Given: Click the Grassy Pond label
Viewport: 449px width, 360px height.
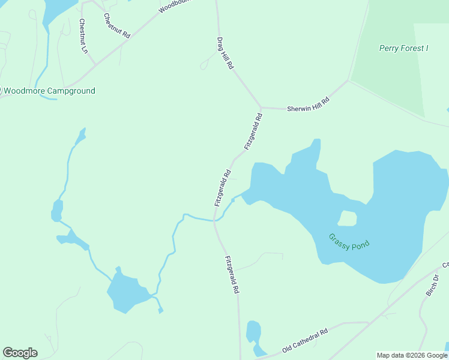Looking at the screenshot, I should (x=349, y=241).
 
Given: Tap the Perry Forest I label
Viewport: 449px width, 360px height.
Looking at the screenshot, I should (x=403, y=48).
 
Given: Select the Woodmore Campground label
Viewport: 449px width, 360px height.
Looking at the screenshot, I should (x=50, y=91).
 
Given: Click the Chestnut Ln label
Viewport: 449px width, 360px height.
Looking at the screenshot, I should (x=83, y=36).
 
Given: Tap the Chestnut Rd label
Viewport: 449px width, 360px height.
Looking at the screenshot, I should (x=116, y=26).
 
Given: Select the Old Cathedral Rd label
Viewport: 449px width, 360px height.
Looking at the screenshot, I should (x=305, y=340).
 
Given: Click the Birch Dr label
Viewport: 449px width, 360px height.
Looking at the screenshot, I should (x=432, y=286).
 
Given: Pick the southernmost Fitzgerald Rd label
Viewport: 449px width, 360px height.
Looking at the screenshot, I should (x=232, y=274).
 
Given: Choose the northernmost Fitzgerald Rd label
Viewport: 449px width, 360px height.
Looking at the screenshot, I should (x=254, y=132).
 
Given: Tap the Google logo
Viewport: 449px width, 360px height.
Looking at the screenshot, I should (x=20, y=353).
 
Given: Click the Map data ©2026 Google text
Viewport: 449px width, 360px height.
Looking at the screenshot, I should (x=412, y=355).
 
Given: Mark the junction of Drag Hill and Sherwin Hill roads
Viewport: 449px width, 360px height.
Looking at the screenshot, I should (x=261, y=107).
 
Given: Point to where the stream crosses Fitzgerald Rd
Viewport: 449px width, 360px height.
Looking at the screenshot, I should (x=215, y=220).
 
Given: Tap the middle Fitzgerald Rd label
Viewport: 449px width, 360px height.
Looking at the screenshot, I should (x=223, y=188).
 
